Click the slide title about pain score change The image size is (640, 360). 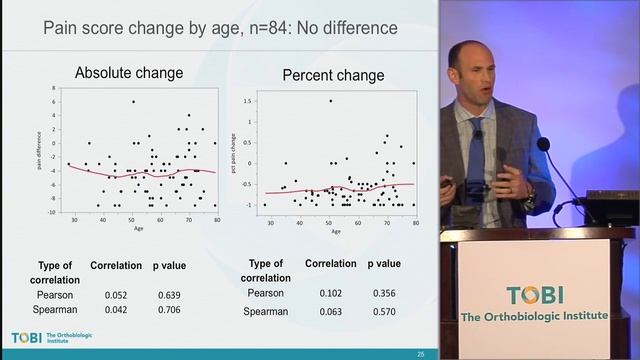coord(220,28)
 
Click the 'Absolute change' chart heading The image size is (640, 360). coord(129,73)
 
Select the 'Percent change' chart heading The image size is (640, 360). coord(333,75)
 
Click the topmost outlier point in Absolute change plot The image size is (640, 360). coord(133,101)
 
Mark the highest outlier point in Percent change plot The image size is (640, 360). coord(331,100)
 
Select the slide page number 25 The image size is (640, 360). coord(421,354)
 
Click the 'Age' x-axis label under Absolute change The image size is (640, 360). coord(138,227)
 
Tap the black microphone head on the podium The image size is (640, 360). coord(543,144)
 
